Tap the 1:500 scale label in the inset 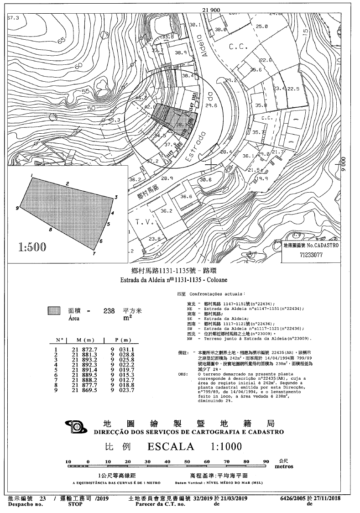[x=32, y=248]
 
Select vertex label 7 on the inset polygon [x=94, y=254]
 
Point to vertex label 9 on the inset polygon [x=17, y=208]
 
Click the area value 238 [x=109, y=311]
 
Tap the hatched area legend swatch [x=54, y=311]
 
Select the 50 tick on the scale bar [x=187, y=462]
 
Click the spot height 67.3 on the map [x=14, y=18]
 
